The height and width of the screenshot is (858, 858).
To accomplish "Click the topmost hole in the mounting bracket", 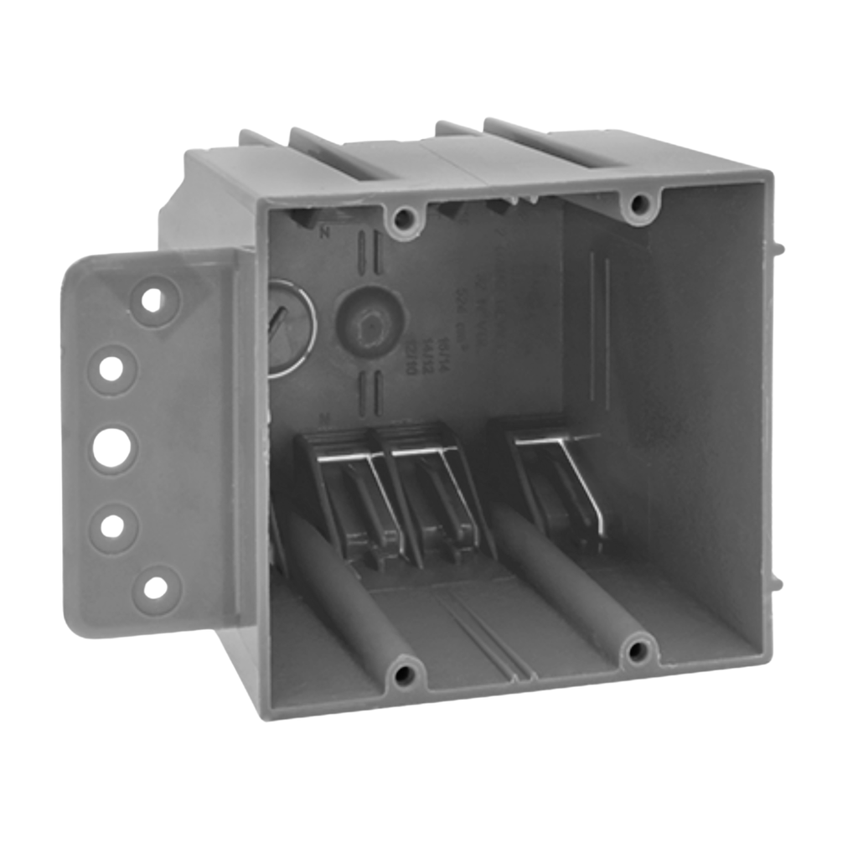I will click(152, 299).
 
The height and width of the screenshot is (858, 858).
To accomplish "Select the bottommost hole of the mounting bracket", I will click(155, 587).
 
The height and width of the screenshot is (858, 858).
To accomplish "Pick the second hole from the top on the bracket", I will click(111, 367).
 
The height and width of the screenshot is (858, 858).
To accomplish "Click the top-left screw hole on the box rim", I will click(404, 220).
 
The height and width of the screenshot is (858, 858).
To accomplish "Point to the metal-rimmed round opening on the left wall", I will click(289, 329).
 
